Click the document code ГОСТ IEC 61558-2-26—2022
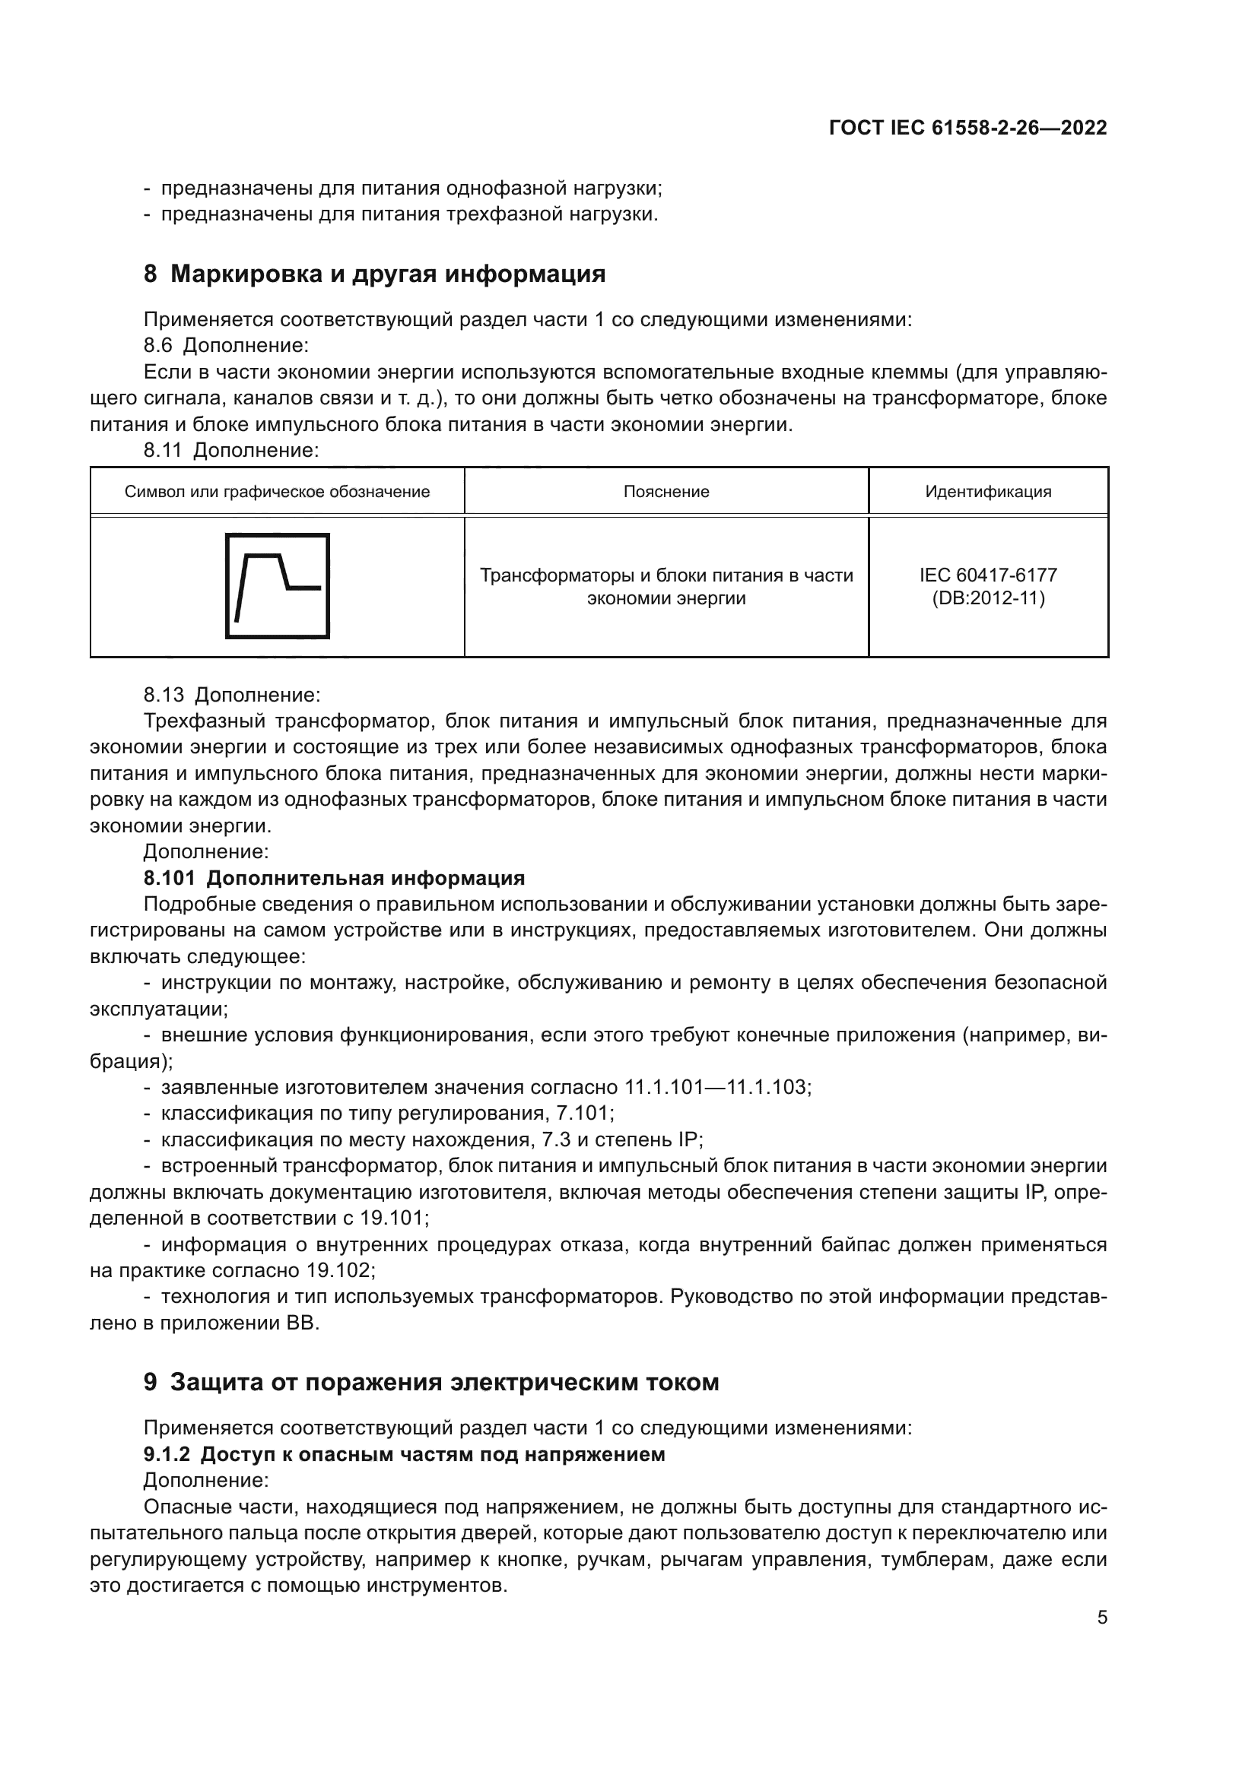point(967,128)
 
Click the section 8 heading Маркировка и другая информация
point(374,274)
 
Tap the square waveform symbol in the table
point(278,586)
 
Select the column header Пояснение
point(666,492)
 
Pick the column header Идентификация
point(989,492)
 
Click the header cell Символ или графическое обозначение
point(278,492)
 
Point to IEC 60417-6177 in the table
point(989,575)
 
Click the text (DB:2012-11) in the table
point(989,598)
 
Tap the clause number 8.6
point(159,345)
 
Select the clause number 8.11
point(164,450)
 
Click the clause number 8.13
point(164,695)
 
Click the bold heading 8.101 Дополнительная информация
point(334,878)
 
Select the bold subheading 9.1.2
point(167,1454)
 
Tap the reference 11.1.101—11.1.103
point(717,1087)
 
